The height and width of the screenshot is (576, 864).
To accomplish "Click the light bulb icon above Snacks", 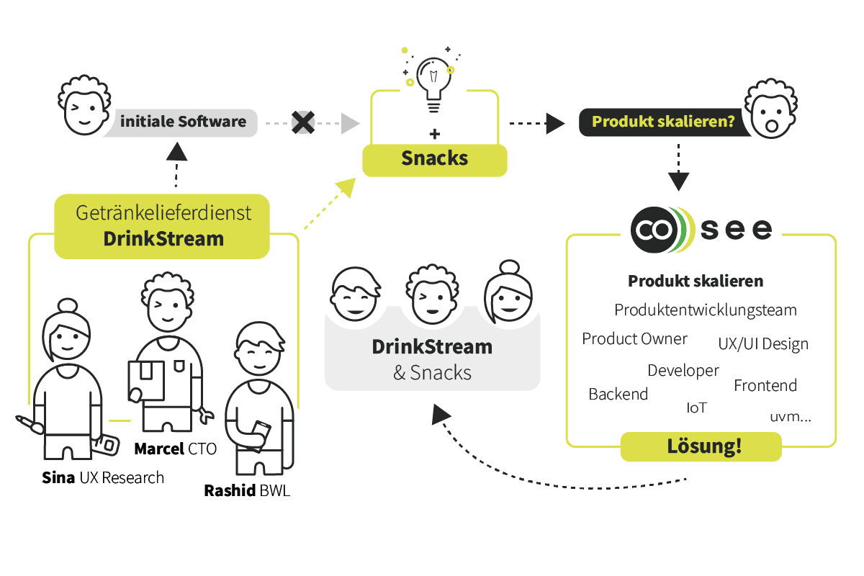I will (433, 85).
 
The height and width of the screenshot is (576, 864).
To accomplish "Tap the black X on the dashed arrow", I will (303, 122).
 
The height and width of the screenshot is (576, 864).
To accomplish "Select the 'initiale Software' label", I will (183, 121).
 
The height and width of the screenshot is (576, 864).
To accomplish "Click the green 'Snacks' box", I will (434, 159).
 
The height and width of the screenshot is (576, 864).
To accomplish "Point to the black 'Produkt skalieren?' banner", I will (662, 121).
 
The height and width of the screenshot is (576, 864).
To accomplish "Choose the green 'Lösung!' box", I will (701, 446).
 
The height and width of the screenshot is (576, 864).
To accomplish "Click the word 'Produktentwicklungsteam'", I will (706, 310).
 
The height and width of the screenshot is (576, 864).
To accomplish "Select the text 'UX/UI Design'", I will (763, 344).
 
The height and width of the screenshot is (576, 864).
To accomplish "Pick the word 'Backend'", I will (618, 394).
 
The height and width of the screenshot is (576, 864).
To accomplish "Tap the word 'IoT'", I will (696, 408).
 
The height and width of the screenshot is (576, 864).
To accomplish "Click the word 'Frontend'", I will (765, 386).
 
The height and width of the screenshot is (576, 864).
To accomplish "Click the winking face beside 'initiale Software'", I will (83, 111).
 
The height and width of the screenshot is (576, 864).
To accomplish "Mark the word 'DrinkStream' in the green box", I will (163, 238).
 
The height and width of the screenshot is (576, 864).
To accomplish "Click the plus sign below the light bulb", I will (434, 134).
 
